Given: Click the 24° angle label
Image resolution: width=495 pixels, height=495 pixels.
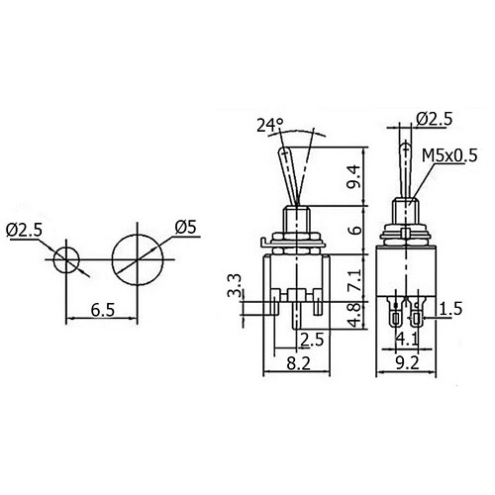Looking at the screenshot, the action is pos(270,125).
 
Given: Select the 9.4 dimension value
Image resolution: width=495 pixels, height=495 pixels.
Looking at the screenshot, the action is pos(353,176).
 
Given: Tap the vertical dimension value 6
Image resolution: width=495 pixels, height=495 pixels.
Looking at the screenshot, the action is pos(355,230).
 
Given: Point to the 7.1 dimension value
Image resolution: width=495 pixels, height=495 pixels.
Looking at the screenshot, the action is pos(354,279).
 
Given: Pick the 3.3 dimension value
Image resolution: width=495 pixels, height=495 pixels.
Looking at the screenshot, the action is pos(235,286).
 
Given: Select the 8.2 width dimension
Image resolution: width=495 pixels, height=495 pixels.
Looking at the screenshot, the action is pos(298,363).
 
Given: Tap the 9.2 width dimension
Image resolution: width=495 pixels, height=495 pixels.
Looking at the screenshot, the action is pos(407,363).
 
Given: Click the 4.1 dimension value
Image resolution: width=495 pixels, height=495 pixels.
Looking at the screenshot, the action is pos(407,339).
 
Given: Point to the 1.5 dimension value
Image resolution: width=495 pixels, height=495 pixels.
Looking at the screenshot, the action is pos(450,309).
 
